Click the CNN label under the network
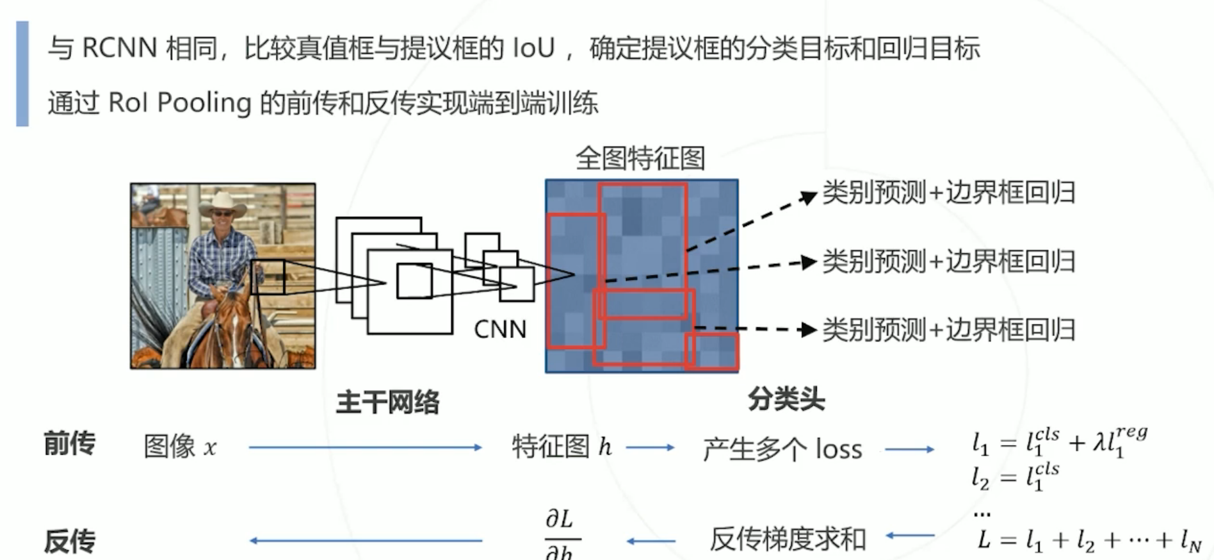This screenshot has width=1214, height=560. click(x=500, y=329)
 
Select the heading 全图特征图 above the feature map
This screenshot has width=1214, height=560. click(x=640, y=158)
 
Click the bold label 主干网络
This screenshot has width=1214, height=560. click(x=387, y=402)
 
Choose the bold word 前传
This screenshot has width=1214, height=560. click(x=69, y=444)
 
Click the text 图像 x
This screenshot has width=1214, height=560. click(x=180, y=447)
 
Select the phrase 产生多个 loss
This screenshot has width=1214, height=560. click(x=782, y=449)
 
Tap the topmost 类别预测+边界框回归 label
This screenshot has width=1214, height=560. click(x=948, y=193)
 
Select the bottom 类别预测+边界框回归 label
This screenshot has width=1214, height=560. click(x=948, y=330)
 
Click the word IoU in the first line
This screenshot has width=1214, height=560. click(x=533, y=49)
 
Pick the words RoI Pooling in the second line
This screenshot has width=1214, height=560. click(x=180, y=103)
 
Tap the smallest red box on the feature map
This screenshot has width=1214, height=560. click(x=711, y=351)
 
